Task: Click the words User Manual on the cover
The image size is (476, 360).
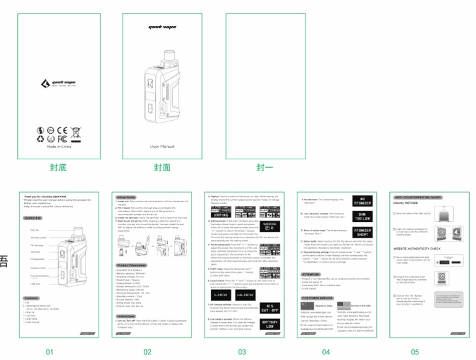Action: click(x=162, y=146)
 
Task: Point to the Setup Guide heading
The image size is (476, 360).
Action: click(x=126, y=196)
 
